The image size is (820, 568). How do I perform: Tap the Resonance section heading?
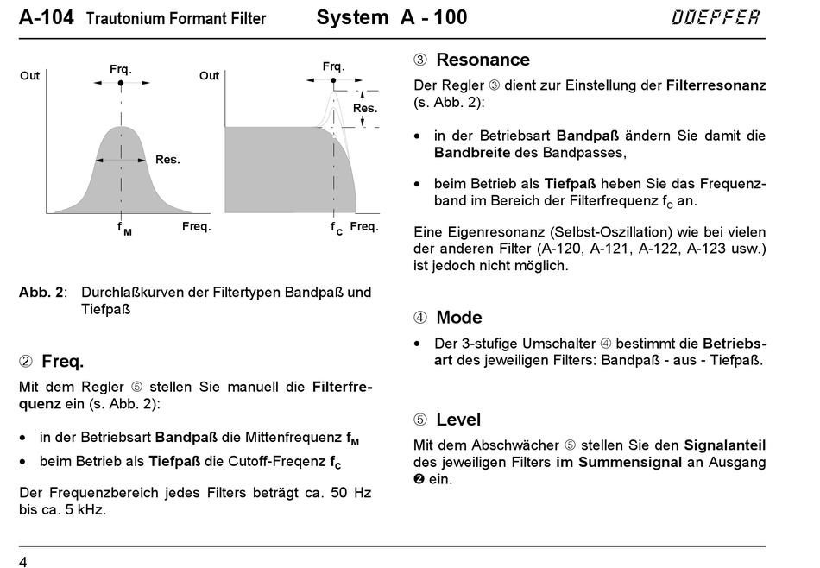[x=483, y=60]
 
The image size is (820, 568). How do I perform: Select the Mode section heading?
[x=458, y=317]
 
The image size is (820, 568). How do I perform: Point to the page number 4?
[x=23, y=563]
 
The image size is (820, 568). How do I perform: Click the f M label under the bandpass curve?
[x=124, y=229]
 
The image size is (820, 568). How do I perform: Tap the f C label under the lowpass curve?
[x=337, y=228]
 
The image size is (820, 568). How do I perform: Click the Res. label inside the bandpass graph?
[x=167, y=160]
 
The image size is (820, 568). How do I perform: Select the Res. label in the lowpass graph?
[x=365, y=108]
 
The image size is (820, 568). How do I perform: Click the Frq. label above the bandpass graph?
[x=121, y=68]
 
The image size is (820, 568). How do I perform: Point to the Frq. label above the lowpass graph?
[x=333, y=66]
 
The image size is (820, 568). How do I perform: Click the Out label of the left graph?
[x=30, y=76]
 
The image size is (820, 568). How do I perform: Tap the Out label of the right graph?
[x=210, y=76]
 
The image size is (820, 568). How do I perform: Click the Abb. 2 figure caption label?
[x=41, y=292]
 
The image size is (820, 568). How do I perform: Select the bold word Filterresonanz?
[x=716, y=85]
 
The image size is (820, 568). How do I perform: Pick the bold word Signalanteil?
[x=724, y=445]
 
